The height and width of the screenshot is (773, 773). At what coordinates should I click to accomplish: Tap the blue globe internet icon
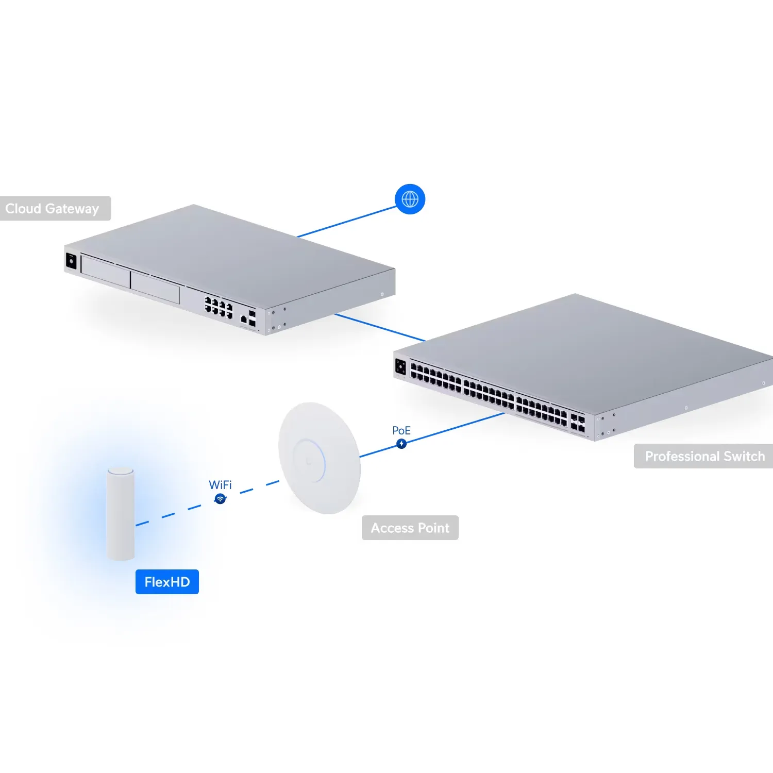coord(410,199)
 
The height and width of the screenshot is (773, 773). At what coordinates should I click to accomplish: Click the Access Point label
coord(410,528)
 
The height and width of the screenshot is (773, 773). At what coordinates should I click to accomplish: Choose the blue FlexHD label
coord(167,582)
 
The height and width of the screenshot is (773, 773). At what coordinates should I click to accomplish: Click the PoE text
coord(401,430)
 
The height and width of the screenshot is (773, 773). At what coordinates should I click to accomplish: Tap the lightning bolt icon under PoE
coord(401,444)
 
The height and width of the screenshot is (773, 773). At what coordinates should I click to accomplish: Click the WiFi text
coord(220,485)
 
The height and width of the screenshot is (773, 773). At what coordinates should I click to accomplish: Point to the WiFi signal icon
coord(220,499)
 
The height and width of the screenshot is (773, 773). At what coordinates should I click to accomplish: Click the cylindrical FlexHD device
coord(121,513)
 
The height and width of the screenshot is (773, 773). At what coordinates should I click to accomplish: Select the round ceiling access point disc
coord(319,458)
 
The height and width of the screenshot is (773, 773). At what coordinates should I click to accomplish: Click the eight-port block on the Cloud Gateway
coord(219,307)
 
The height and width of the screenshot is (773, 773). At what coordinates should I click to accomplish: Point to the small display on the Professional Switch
coord(400,367)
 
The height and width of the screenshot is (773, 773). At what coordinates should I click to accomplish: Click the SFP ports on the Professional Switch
coord(577,423)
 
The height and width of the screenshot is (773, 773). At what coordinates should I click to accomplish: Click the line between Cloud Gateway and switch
coord(380,327)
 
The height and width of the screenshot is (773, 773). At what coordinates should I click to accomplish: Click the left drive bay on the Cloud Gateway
coord(106,271)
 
